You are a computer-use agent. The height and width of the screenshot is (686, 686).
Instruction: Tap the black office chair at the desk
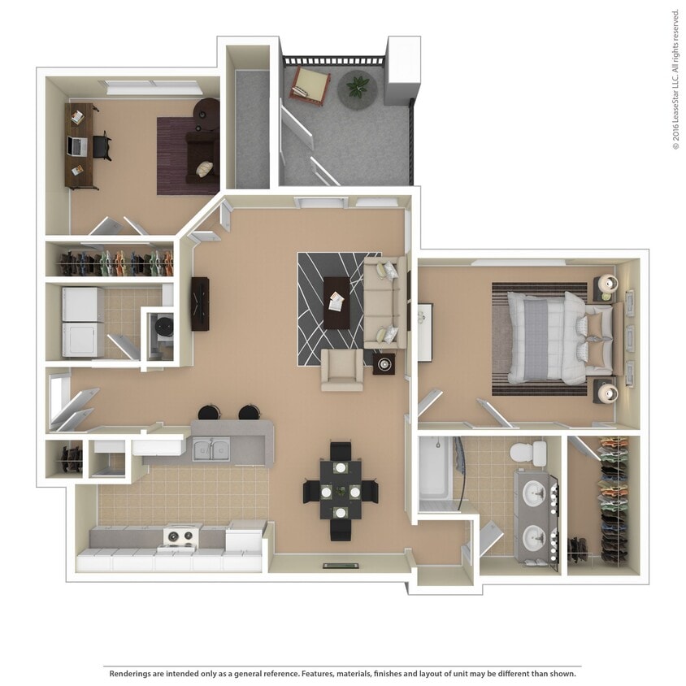pyautogui.click(x=102, y=146)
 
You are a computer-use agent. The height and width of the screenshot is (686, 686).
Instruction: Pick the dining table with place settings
pyautogui.click(x=340, y=491)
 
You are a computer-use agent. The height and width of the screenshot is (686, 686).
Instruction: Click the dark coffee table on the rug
pyautogui.click(x=336, y=302)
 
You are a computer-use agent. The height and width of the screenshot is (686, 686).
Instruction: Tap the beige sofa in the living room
pyautogui.click(x=384, y=301)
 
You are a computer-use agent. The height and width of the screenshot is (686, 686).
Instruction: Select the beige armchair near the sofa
pyautogui.click(x=342, y=370)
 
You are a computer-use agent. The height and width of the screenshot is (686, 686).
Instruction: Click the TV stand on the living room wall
pyautogui.click(x=200, y=304)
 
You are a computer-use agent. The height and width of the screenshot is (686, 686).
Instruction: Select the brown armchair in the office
pyautogui.click(x=201, y=154)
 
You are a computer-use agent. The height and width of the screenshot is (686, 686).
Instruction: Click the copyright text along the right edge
pyautogui.click(x=675, y=79)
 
